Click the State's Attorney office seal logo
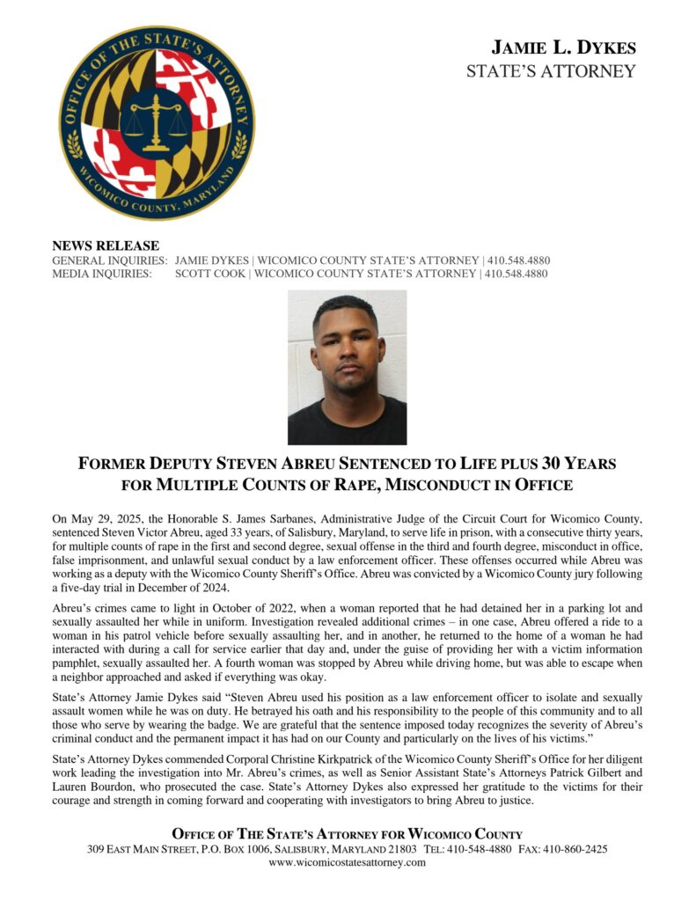click(x=157, y=123)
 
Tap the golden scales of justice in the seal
click(x=157, y=121)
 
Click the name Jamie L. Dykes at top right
click(x=563, y=48)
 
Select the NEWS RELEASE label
click(x=106, y=245)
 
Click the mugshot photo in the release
click(x=347, y=367)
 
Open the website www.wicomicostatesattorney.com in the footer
click(x=347, y=862)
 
